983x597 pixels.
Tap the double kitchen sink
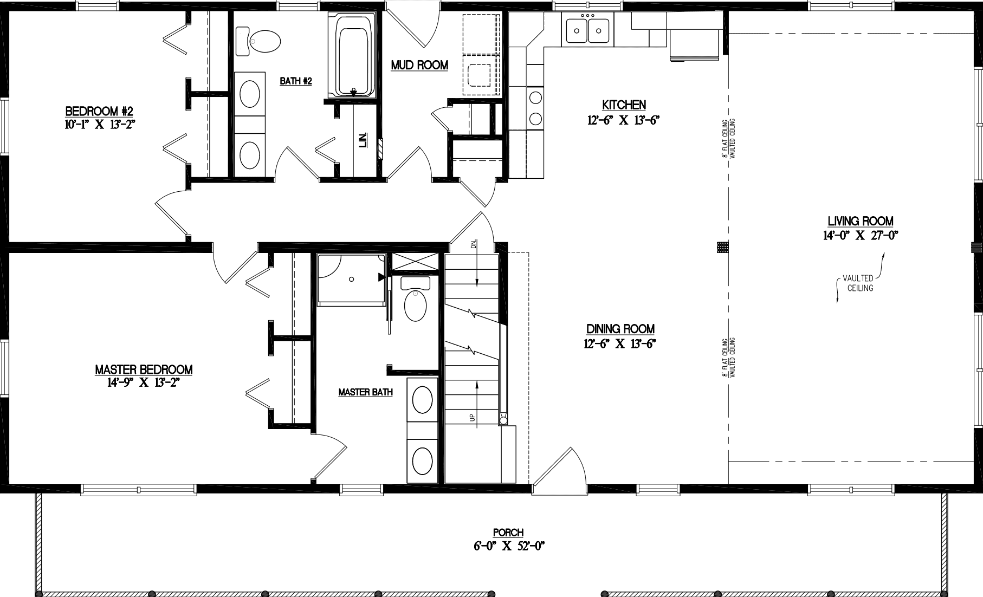(x=588, y=29)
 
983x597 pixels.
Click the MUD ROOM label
(x=419, y=66)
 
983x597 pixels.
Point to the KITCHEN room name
(x=624, y=105)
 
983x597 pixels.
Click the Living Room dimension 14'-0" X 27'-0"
(x=861, y=235)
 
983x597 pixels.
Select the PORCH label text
(x=508, y=533)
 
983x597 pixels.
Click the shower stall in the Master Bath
(x=351, y=278)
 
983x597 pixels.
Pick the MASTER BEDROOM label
(x=144, y=370)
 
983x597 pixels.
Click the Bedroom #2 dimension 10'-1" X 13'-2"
(x=99, y=124)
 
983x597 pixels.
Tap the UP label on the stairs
(x=472, y=418)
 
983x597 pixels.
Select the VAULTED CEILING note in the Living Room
(x=861, y=283)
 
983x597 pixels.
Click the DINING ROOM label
(x=620, y=329)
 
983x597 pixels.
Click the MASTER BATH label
(x=365, y=392)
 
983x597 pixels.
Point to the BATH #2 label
(x=296, y=81)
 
